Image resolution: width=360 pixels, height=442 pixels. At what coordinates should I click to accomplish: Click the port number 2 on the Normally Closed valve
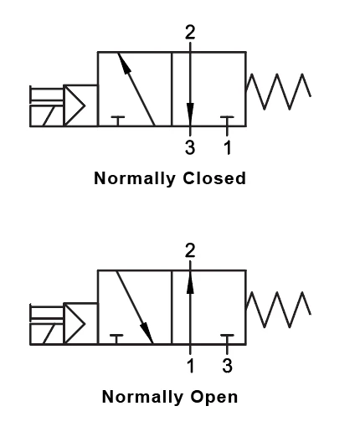[190, 33]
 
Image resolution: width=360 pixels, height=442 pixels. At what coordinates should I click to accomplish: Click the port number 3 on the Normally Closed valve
[190, 147]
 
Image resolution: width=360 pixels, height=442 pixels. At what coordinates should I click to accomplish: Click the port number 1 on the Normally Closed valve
[227, 147]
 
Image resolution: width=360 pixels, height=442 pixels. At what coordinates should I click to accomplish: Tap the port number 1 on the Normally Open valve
[190, 365]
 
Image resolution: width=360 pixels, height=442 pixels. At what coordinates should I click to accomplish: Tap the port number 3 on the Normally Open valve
[227, 365]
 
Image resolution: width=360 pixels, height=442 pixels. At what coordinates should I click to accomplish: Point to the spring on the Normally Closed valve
[279, 90]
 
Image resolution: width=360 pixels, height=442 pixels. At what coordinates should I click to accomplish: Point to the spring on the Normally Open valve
[279, 309]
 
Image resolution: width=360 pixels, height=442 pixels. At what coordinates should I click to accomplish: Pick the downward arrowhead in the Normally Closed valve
[190, 112]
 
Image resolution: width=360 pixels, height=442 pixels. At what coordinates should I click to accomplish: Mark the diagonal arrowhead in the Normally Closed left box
[122, 60]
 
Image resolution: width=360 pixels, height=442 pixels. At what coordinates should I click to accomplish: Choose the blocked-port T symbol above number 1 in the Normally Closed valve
[227, 120]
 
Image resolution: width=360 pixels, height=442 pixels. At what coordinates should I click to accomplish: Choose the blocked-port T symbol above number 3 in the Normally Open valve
[227, 338]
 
